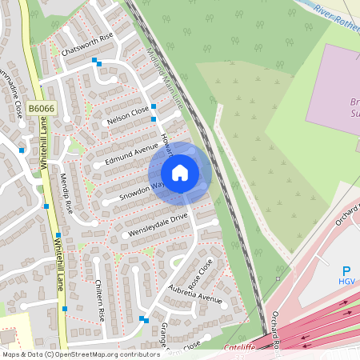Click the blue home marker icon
[x=180, y=173]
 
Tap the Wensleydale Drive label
[x=156, y=226]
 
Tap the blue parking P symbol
[x=346, y=272]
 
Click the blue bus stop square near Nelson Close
[x=153, y=106]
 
